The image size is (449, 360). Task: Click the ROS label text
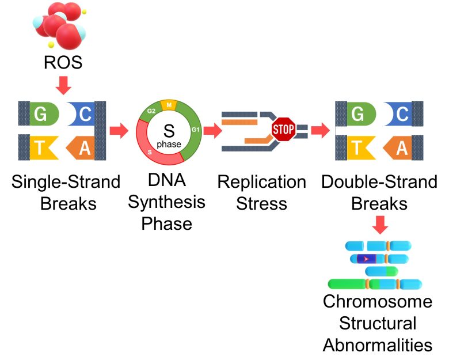(63, 62)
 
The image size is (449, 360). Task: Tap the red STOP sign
(283, 129)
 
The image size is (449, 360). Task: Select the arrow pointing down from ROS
(63, 85)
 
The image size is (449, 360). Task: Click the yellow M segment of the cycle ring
(169, 105)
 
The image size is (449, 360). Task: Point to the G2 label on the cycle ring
(151, 111)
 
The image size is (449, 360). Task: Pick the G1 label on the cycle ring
(195, 130)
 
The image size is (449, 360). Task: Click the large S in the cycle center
(169, 131)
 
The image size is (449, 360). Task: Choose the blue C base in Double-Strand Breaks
(398, 113)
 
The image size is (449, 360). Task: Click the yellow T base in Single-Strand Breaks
(43, 147)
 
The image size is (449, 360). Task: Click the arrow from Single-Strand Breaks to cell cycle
(119, 130)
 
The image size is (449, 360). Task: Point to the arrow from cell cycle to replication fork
(213, 130)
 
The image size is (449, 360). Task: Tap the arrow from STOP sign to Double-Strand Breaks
(320, 130)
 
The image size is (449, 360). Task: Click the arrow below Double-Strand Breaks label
(380, 225)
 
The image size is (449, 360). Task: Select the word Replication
(262, 182)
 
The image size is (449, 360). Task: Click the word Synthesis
(166, 202)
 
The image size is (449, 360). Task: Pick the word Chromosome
(378, 301)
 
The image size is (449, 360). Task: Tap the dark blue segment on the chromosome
(366, 259)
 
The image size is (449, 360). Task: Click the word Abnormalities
(378, 345)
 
